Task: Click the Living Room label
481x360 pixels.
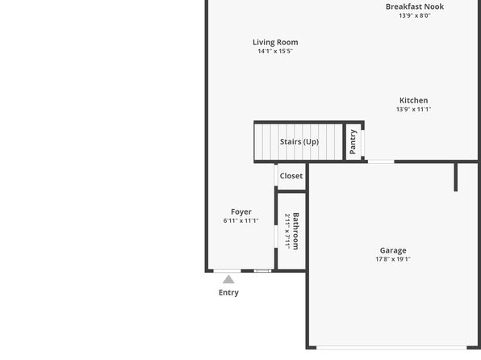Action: (x=275, y=42)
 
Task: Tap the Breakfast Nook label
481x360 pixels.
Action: (x=415, y=6)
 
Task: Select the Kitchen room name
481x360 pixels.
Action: (x=413, y=100)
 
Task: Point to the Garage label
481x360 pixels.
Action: (x=393, y=251)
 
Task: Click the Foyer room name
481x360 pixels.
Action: (x=241, y=212)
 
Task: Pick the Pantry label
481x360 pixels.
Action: (x=353, y=142)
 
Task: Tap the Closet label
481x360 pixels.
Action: (x=291, y=176)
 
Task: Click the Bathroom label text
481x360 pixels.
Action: (x=295, y=232)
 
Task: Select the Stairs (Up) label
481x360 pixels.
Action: (x=299, y=142)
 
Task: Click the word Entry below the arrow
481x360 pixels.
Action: (x=228, y=292)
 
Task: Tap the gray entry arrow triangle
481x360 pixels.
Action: (x=228, y=279)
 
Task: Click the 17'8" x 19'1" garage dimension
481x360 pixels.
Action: (x=393, y=259)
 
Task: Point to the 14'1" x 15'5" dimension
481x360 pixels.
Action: (x=275, y=51)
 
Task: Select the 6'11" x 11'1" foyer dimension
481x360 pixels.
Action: (x=240, y=220)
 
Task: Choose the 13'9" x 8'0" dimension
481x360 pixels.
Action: (x=415, y=15)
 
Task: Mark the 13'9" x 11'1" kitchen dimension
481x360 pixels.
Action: (x=413, y=109)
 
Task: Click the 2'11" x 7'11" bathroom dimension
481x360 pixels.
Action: (x=287, y=232)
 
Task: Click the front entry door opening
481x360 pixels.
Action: (x=228, y=270)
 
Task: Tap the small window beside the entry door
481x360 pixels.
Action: (x=262, y=270)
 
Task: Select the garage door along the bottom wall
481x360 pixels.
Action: (x=391, y=348)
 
